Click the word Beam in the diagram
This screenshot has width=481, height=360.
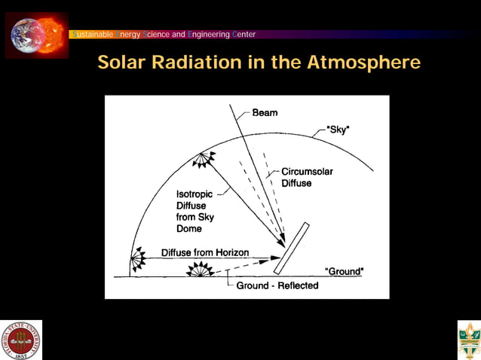[x=265, y=113]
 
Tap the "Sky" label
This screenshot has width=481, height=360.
[x=339, y=129]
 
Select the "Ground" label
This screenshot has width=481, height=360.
[x=344, y=270]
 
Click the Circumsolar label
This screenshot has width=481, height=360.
[x=307, y=171]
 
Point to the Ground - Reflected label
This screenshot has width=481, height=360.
[x=277, y=285]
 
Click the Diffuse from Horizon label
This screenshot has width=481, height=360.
[x=204, y=252]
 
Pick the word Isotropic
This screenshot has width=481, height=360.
[x=195, y=194]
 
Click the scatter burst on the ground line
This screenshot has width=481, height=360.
[x=200, y=270]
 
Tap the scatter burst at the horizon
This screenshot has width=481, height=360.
[x=138, y=260]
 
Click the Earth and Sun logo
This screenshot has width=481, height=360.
[x=37, y=35]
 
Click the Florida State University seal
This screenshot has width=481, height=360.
[x=22, y=340]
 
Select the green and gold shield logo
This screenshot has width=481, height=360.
[x=468, y=340]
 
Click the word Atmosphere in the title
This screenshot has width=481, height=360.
[x=363, y=63]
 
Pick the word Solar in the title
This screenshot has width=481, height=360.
[x=122, y=63]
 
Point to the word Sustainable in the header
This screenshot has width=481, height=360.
[x=91, y=34]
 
